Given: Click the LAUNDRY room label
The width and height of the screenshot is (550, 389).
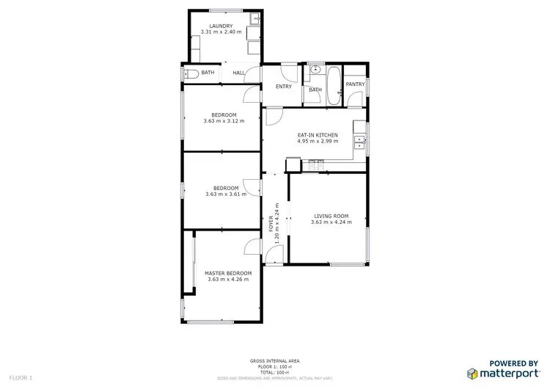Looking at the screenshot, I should point(221,26).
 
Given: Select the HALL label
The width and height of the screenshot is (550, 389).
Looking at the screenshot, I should point(239,73).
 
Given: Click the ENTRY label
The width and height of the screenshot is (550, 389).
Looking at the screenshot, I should point(284,87).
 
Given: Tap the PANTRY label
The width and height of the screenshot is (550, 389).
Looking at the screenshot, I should point(356,84).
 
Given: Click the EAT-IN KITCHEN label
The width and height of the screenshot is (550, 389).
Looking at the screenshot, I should point(318,135).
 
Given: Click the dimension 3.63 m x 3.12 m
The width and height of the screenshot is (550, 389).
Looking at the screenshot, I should point(224,121).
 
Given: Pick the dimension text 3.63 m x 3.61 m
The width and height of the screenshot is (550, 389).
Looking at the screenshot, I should point(224,194).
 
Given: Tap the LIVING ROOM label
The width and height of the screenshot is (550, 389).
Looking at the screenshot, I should point(331,216).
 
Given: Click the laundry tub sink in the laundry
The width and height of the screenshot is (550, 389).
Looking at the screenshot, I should point(253,19).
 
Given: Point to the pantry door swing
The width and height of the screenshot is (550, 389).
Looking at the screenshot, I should point(340,92).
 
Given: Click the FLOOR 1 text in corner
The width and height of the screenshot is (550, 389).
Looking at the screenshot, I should point(21,377).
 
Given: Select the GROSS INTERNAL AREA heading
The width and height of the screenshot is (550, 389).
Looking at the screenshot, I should point(274,362).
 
